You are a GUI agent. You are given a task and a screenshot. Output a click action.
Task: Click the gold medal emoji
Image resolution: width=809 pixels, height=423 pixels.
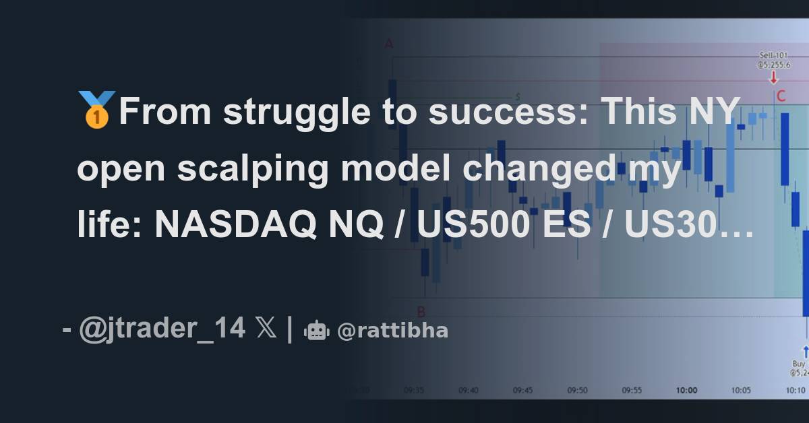click(98, 109)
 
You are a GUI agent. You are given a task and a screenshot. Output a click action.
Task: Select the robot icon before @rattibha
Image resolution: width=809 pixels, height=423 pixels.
click(316, 330)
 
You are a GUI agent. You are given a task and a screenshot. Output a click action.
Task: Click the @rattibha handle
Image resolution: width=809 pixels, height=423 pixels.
click(392, 331)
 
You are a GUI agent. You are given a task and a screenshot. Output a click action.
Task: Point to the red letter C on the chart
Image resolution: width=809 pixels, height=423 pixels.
click(781, 96)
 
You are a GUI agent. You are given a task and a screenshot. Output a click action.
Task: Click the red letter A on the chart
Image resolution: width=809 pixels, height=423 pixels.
click(389, 44)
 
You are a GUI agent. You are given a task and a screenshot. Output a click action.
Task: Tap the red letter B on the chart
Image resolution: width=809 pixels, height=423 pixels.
click(421, 311)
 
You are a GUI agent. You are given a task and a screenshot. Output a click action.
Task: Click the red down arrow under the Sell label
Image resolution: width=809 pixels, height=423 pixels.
click(773, 77)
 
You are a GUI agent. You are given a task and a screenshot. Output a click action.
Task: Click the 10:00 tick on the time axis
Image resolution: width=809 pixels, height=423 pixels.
click(686, 390)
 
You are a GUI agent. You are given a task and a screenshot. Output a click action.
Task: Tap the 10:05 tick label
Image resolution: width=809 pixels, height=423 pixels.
click(740, 390)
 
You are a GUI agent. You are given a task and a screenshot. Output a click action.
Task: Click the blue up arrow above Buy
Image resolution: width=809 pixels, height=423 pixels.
click(805, 351)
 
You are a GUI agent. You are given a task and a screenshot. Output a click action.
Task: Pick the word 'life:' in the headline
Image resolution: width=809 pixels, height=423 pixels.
click(109, 226)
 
